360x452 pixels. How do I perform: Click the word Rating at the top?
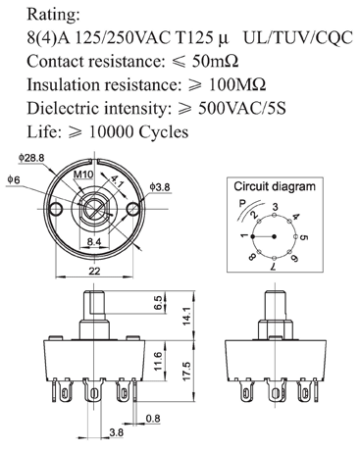[53, 15]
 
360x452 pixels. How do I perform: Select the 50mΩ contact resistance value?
[215, 61]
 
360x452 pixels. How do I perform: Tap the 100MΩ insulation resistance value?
[237, 84]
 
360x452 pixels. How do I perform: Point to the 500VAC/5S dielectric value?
[242, 108]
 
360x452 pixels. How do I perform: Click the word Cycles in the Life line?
[164, 132]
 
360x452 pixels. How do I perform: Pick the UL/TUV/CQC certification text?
[298, 38]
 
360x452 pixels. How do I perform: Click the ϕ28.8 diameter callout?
[31, 158]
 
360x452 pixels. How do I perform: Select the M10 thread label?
[83, 175]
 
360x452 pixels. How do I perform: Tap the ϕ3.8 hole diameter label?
[160, 187]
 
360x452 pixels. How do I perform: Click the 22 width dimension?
[94, 271]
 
